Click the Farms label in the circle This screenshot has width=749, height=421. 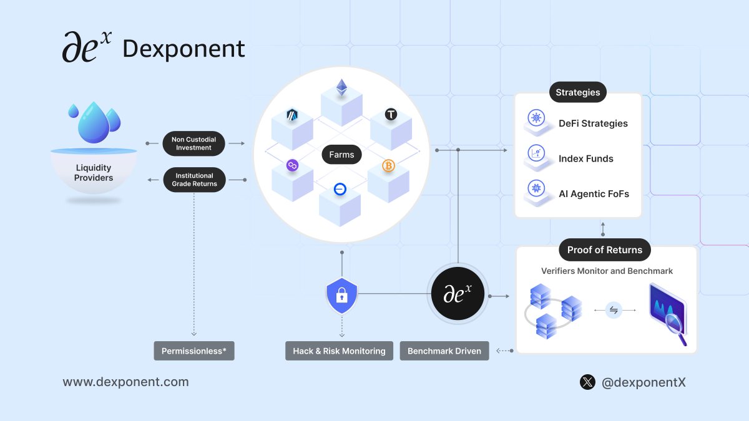(341, 155)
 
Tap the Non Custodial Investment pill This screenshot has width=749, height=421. (193, 143)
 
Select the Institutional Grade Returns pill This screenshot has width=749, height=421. (193, 180)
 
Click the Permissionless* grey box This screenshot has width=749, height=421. (194, 351)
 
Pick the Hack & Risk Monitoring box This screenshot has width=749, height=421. (339, 351)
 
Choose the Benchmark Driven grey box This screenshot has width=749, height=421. (444, 351)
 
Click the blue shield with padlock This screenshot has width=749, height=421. (341, 295)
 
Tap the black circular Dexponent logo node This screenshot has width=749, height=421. (458, 294)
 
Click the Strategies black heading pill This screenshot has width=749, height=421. (577, 92)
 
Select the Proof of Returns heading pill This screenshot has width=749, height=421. (604, 249)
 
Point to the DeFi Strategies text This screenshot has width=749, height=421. (593, 123)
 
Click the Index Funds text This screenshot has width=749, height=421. (585, 158)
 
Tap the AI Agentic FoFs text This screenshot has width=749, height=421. (594, 194)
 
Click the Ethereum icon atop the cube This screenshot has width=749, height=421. (341, 87)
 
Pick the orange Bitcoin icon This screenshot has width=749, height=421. (389, 166)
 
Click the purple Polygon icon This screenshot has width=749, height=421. (291, 165)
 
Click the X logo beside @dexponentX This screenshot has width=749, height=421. (587, 382)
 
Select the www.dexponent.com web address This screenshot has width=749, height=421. (125, 382)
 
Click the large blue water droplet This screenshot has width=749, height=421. (94, 122)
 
